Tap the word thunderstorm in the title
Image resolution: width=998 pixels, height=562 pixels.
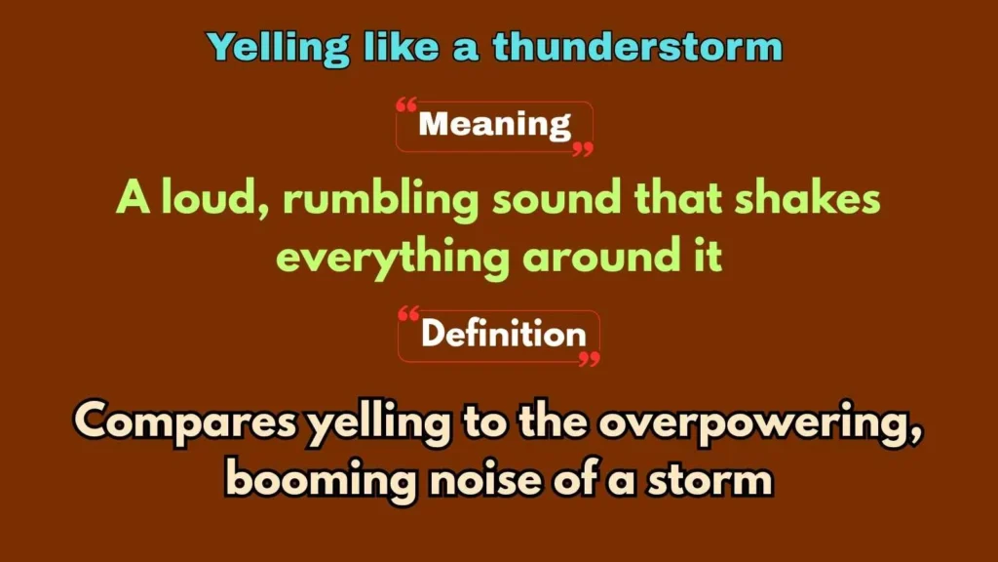[x=637, y=46]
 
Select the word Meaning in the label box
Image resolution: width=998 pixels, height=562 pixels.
[x=494, y=125]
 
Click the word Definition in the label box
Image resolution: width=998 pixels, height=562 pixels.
[x=503, y=335]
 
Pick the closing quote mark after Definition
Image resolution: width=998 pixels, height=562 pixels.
[x=588, y=359]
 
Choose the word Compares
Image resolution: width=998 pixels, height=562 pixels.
[x=186, y=423]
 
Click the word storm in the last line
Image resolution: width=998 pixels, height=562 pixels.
[x=713, y=480]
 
